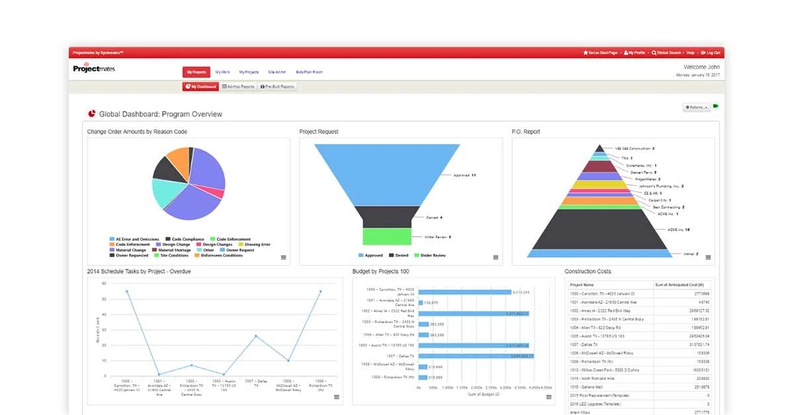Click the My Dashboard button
200,87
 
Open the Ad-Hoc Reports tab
238,87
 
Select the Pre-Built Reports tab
277,87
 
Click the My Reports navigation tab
197,72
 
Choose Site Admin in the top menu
277,72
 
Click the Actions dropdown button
697,107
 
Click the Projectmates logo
93,69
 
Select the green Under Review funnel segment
387,237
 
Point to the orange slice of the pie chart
177,159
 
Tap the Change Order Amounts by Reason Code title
137,132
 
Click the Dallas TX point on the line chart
255,336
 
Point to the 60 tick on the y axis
104,283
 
